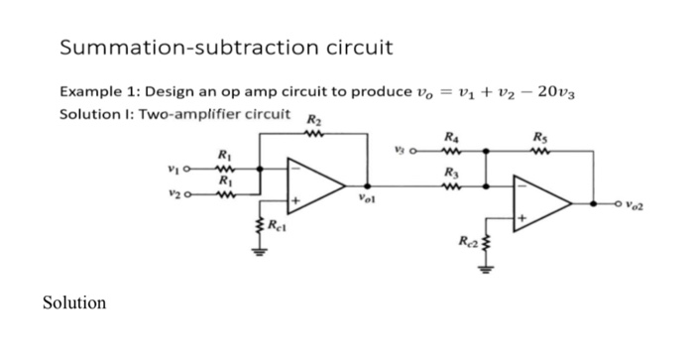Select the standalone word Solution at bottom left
tap(74, 302)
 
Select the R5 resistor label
tap(538, 140)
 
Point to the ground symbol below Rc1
tap(261, 251)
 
